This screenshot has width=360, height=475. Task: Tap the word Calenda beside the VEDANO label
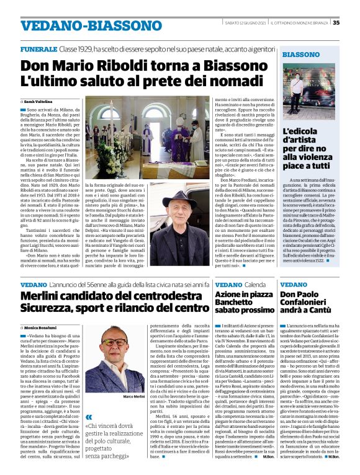[x=256, y=285]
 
